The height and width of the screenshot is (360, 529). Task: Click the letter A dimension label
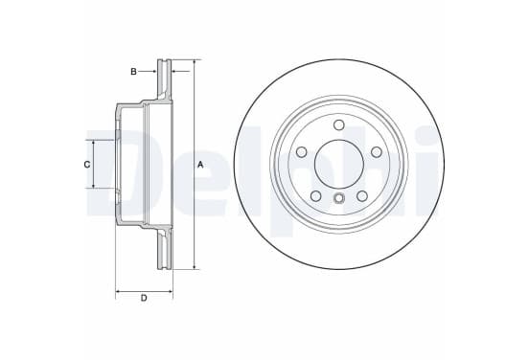200,165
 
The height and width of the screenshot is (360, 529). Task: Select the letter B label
133,72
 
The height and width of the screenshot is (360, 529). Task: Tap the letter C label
87,165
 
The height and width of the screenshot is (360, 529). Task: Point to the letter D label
144,298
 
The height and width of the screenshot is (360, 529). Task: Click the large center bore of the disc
338,164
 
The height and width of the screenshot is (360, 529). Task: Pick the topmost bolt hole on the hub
338,124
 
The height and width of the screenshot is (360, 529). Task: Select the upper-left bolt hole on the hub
301,152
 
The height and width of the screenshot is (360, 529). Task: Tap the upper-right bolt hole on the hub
377,152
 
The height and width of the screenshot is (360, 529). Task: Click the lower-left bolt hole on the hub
315,196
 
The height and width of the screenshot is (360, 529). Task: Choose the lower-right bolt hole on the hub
362,196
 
